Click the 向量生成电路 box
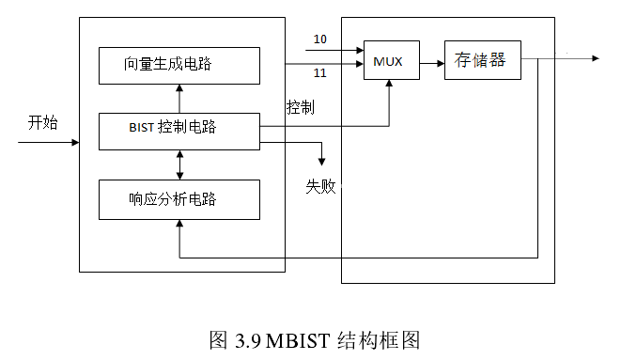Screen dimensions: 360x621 point(179,65)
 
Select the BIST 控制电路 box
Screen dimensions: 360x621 point(179,130)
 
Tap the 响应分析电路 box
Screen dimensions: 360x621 point(179,199)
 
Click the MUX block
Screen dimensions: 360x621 point(390,61)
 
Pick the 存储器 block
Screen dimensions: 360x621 point(481,61)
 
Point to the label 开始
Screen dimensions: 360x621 point(42,121)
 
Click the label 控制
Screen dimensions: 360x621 point(300,108)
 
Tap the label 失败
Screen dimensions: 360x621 point(320,185)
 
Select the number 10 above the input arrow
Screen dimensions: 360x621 point(319,39)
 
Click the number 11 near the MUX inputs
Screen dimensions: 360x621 point(319,73)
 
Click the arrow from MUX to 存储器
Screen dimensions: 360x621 point(430,63)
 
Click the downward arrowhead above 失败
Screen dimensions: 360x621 point(322,161)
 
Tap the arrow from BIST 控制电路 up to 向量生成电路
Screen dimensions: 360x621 point(179,98)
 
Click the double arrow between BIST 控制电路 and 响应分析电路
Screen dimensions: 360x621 point(179,164)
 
